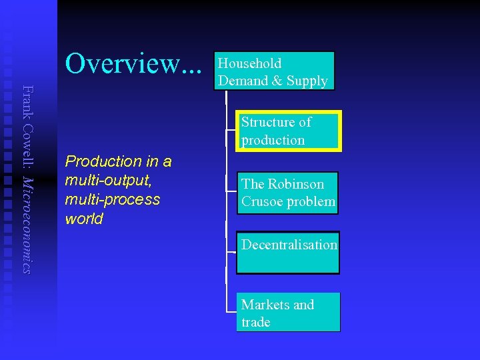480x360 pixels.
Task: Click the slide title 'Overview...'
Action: coord(133,64)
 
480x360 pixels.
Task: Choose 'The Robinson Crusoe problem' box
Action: coord(287,193)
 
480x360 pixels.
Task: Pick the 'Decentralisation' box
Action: coord(288,253)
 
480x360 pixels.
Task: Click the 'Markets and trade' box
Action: coord(288,312)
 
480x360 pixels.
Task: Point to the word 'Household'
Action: coord(250,64)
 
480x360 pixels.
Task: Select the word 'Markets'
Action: coord(265,305)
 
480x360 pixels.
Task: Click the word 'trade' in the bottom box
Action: coord(256,322)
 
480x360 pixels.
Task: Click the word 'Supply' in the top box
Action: coord(307,81)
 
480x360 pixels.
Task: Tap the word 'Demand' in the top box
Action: coord(243,81)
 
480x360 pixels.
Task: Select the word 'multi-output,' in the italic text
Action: coord(103,181)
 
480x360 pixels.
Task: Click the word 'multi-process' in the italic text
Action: coord(113,199)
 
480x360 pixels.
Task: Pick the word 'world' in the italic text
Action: coord(84,219)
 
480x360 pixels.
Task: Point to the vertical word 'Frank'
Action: coord(27,99)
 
